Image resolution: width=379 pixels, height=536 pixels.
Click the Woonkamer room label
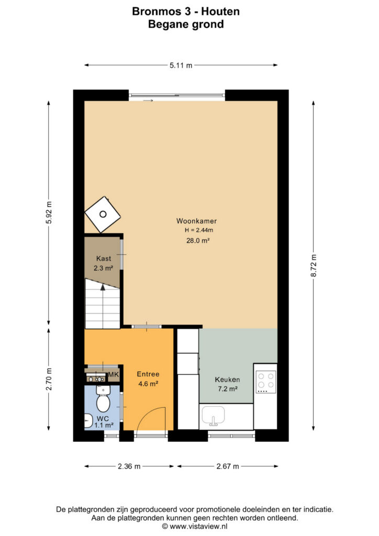pos(196,221)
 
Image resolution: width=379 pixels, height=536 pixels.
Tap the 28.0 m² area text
pos(197,240)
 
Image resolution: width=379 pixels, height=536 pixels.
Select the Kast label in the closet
pos(103,259)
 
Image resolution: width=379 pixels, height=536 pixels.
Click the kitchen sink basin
pos(213,415)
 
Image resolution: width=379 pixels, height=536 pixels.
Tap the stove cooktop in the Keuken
pos(266,382)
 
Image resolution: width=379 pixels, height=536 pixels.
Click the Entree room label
pos(148,374)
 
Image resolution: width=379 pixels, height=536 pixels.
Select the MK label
pos(114,375)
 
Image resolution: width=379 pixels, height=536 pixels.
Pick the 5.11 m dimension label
pos(181,65)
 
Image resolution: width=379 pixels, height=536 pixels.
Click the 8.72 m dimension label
pos(314,265)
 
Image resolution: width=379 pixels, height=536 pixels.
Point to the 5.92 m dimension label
pos(49,213)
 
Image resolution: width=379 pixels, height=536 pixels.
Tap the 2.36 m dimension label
pos(129,466)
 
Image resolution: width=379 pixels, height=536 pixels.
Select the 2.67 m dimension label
pos(228,466)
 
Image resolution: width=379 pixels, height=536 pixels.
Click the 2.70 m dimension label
pos(49,379)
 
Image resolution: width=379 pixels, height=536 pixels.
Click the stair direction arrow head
pos(103,287)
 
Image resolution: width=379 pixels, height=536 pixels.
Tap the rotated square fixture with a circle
pos(103,214)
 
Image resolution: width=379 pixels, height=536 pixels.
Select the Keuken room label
pos(227,379)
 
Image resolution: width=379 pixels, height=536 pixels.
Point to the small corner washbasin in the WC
pos(88,420)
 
